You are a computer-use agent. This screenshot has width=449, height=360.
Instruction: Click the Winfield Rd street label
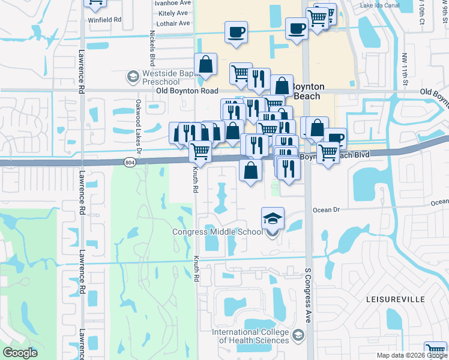click(105, 19)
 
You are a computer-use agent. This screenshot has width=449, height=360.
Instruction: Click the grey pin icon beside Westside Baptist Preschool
click(132, 77)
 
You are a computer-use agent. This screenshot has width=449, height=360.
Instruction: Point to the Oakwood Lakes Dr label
click(138, 125)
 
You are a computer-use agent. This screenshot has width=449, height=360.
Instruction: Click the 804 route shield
click(130, 162)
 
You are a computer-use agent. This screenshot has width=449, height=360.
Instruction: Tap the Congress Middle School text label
click(217, 232)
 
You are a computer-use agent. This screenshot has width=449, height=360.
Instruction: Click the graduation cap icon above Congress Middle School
click(273, 218)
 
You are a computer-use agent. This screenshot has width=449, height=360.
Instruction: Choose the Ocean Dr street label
click(327, 210)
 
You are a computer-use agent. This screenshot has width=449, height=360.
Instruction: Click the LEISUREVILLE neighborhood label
click(392, 298)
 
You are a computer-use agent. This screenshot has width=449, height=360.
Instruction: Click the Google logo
click(20, 353)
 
